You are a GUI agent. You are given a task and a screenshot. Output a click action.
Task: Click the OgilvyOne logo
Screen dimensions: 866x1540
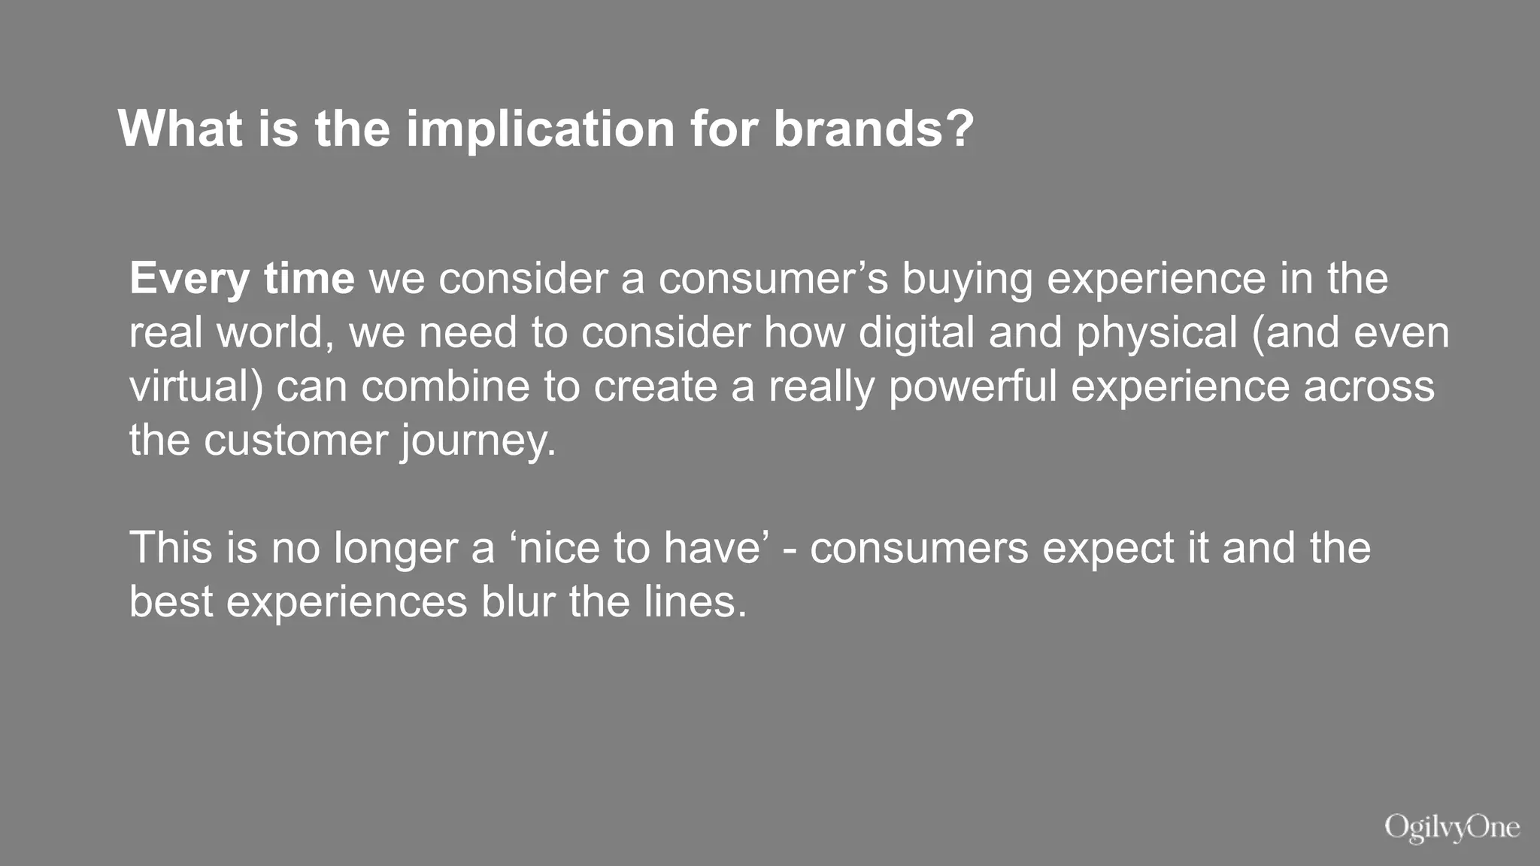pyautogui.click(x=1452, y=828)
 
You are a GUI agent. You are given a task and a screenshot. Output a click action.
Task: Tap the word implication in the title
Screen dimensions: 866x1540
pyautogui.click(x=541, y=129)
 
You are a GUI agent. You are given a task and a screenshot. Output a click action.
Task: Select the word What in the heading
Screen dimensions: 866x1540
pyautogui.click(x=180, y=129)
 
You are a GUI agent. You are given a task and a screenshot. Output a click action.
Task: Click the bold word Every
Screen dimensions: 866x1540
pyautogui.click(x=189, y=280)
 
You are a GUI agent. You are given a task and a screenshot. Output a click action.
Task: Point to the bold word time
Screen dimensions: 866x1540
pyautogui.click(x=309, y=280)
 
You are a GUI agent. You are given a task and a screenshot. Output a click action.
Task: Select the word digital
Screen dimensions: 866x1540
pyautogui.click(x=917, y=332)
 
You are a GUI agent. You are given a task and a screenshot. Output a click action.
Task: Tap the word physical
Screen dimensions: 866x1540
pyautogui.click(x=1157, y=332)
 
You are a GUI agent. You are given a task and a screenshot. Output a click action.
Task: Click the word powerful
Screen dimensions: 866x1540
pyautogui.click(x=973, y=386)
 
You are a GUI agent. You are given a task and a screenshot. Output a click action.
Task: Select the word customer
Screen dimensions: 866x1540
pyautogui.click(x=296, y=441)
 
